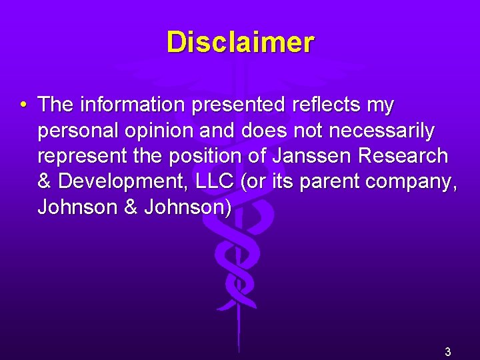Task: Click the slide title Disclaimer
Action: (x=240, y=42)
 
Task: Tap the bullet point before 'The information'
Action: (x=23, y=105)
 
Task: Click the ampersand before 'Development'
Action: (x=45, y=181)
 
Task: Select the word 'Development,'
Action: (x=117, y=182)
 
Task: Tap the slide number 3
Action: (x=448, y=352)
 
